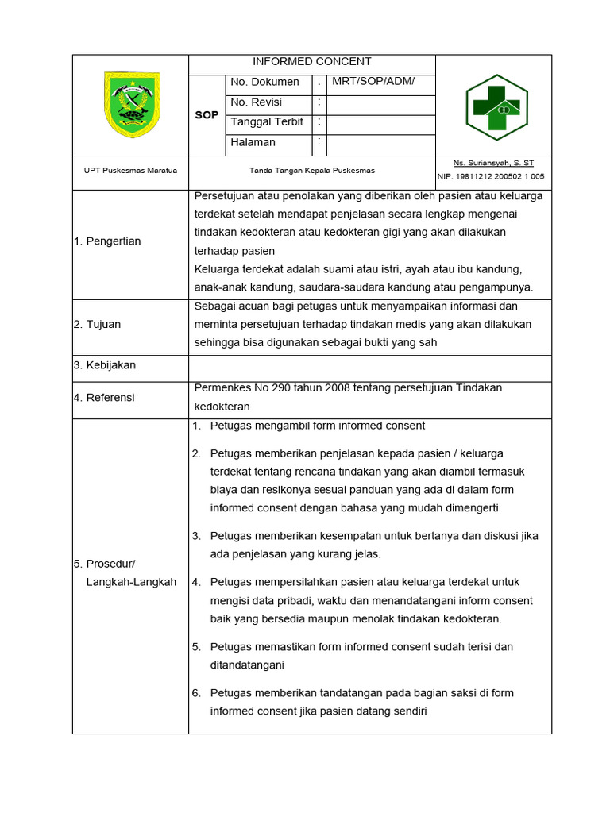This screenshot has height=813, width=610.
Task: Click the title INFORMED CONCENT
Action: click(x=311, y=62)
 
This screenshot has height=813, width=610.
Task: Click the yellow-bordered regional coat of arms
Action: click(x=132, y=105)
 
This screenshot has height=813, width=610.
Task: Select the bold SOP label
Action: click(x=207, y=115)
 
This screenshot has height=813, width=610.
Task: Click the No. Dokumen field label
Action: click(x=264, y=82)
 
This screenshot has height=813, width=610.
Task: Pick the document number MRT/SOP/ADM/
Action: click(x=373, y=82)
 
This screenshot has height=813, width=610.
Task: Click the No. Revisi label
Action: click(x=256, y=102)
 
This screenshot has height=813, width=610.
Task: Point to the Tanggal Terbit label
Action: click(x=267, y=122)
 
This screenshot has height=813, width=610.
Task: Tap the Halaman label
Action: click(x=253, y=143)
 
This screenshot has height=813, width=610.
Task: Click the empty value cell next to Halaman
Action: click(x=380, y=144)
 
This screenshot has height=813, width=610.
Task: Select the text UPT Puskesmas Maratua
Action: click(x=131, y=171)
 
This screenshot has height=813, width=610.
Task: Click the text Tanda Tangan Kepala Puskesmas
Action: click(x=311, y=171)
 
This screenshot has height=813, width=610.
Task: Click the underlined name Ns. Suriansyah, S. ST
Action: click(x=493, y=163)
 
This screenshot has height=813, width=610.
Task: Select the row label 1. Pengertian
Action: click(x=107, y=241)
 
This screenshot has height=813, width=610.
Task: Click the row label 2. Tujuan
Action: click(x=97, y=324)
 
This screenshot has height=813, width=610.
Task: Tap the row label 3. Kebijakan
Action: click(x=105, y=365)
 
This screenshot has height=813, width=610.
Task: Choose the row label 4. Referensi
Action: click(x=104, y=397)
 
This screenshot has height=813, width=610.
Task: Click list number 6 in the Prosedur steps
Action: click(x=195, y=693)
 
